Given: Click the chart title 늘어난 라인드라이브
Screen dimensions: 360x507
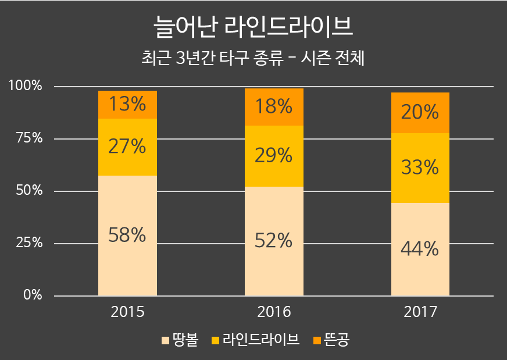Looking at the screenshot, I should [x=253, y=27].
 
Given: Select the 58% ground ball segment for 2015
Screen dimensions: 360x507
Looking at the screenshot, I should [x=127, y=236].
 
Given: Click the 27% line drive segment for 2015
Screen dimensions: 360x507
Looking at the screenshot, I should [x=127, y=147].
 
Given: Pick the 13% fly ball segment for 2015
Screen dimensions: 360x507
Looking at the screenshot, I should [x=127, y=105].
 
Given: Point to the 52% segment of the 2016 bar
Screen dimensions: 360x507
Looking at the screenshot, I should [x=274, y=241].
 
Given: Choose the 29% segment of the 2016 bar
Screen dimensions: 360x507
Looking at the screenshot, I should [x=274, y=156].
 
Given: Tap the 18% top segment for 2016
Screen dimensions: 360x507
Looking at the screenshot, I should [x=274, y=107].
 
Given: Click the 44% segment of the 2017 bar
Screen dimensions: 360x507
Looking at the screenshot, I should [x=420, y=249].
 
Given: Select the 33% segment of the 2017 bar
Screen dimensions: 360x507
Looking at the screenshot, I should [x=420, y=168].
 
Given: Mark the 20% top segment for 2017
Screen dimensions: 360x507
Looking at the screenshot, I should [x=420, y=113].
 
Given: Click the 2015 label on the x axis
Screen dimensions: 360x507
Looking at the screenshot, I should [x=127, y=312].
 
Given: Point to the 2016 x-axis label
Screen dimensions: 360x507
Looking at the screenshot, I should [x=274, y=312].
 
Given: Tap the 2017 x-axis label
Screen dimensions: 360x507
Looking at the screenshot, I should [x=420, y=312].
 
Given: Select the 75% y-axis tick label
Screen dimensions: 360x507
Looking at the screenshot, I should [x=28, y=138].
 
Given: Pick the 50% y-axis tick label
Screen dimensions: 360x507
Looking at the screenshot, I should [x=28, y=191].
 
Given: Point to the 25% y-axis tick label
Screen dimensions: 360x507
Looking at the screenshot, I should [x=28, y=243].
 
